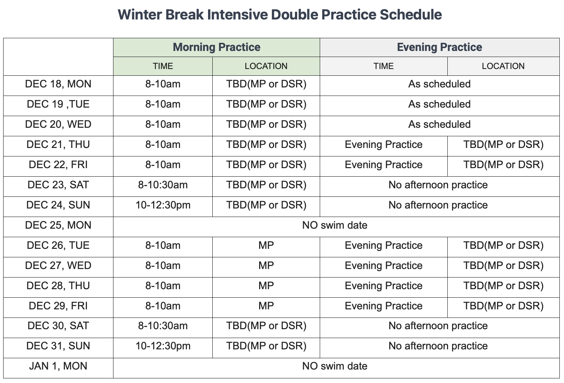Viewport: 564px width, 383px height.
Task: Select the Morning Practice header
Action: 217,47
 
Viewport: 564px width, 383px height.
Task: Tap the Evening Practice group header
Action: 439,47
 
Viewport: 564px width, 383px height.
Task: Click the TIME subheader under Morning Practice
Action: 163,66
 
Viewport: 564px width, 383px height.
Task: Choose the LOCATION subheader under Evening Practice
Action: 503,66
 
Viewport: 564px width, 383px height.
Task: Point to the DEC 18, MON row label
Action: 58,84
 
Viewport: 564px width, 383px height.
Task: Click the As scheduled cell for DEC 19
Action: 439,104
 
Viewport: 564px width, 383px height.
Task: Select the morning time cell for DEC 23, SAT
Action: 163,185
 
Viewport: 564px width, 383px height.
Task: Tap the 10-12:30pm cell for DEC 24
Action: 163,205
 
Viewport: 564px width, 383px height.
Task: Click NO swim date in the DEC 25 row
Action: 335,225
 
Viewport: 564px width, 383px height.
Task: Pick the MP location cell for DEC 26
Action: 266,245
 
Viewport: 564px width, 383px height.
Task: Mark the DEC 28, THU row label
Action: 58,286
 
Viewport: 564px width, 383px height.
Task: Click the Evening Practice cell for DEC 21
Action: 384,145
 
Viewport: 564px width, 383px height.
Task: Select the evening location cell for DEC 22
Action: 503,165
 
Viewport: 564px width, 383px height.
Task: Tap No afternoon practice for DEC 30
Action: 438,326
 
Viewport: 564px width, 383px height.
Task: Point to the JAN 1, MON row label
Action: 58,366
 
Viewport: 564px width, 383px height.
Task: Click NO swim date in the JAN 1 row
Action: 335,366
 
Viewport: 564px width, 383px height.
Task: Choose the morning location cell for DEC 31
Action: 266,346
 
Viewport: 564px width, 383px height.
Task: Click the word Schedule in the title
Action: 411,15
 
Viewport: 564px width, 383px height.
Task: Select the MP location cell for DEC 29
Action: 266,306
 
